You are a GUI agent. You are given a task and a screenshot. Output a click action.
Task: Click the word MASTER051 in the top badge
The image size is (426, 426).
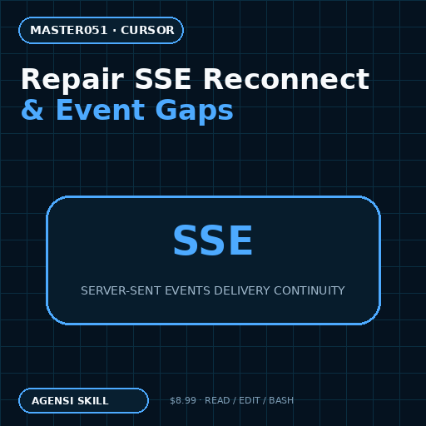coord(69,30)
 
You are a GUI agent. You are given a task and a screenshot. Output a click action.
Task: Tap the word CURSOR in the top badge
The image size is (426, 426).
coord(147,30)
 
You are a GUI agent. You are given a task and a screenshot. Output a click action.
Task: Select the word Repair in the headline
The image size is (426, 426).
coord(72,80)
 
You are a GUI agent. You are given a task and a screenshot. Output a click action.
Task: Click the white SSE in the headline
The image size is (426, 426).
coord(163,79)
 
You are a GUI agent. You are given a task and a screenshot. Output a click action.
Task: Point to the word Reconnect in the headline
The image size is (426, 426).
coord(286,79)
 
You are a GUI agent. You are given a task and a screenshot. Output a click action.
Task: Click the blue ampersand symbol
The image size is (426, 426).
coord(32,110)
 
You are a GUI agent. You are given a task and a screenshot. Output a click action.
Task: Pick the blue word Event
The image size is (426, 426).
coord(100,110)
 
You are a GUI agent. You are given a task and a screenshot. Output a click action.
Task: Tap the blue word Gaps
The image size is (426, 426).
coord(194,111)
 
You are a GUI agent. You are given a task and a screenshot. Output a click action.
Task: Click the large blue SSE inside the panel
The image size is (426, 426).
coord(213,240)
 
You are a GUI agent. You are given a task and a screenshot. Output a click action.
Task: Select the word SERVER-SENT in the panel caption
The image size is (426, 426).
coord(121,290)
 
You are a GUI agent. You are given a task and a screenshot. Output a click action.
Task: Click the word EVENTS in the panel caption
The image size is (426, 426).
coord(187,290)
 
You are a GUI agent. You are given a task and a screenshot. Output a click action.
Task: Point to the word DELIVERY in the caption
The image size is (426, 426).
coord(242,290)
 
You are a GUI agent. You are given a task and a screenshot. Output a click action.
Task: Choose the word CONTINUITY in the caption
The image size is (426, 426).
coord(310,290)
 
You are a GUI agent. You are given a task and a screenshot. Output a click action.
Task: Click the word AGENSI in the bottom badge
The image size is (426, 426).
coord(52,401)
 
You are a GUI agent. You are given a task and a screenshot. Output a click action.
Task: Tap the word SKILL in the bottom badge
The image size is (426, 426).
coord(93,401)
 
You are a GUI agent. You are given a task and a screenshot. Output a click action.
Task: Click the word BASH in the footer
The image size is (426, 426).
coord(281,400)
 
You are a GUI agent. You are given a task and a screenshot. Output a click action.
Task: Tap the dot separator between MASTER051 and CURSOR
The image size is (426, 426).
coord(114,31)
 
